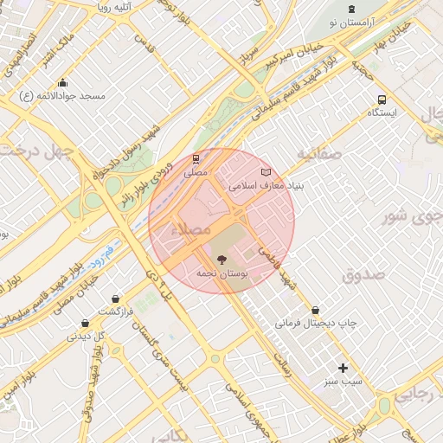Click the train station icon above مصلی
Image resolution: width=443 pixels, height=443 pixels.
click(x=196, y=159)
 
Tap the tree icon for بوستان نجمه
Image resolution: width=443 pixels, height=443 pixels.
click(x=221, y=259)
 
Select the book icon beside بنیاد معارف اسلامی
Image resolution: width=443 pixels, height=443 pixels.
click(x=266, y=172)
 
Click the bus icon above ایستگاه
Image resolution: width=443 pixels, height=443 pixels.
click(x=382, y=100)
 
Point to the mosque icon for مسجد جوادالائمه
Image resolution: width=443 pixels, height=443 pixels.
click(x=62, y=82)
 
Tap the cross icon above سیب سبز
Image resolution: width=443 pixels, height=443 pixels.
click(x=343, y=368)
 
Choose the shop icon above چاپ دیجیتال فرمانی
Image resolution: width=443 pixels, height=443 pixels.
click(x=315, y=310)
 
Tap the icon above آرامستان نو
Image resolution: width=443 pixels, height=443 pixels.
click(x=350, y=8)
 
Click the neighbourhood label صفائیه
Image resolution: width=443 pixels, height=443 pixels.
click(x=320, y=154)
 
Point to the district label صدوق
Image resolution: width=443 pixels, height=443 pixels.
click(x=363, y=276)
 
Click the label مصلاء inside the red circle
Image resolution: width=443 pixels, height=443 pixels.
click(x=191, y=230)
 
